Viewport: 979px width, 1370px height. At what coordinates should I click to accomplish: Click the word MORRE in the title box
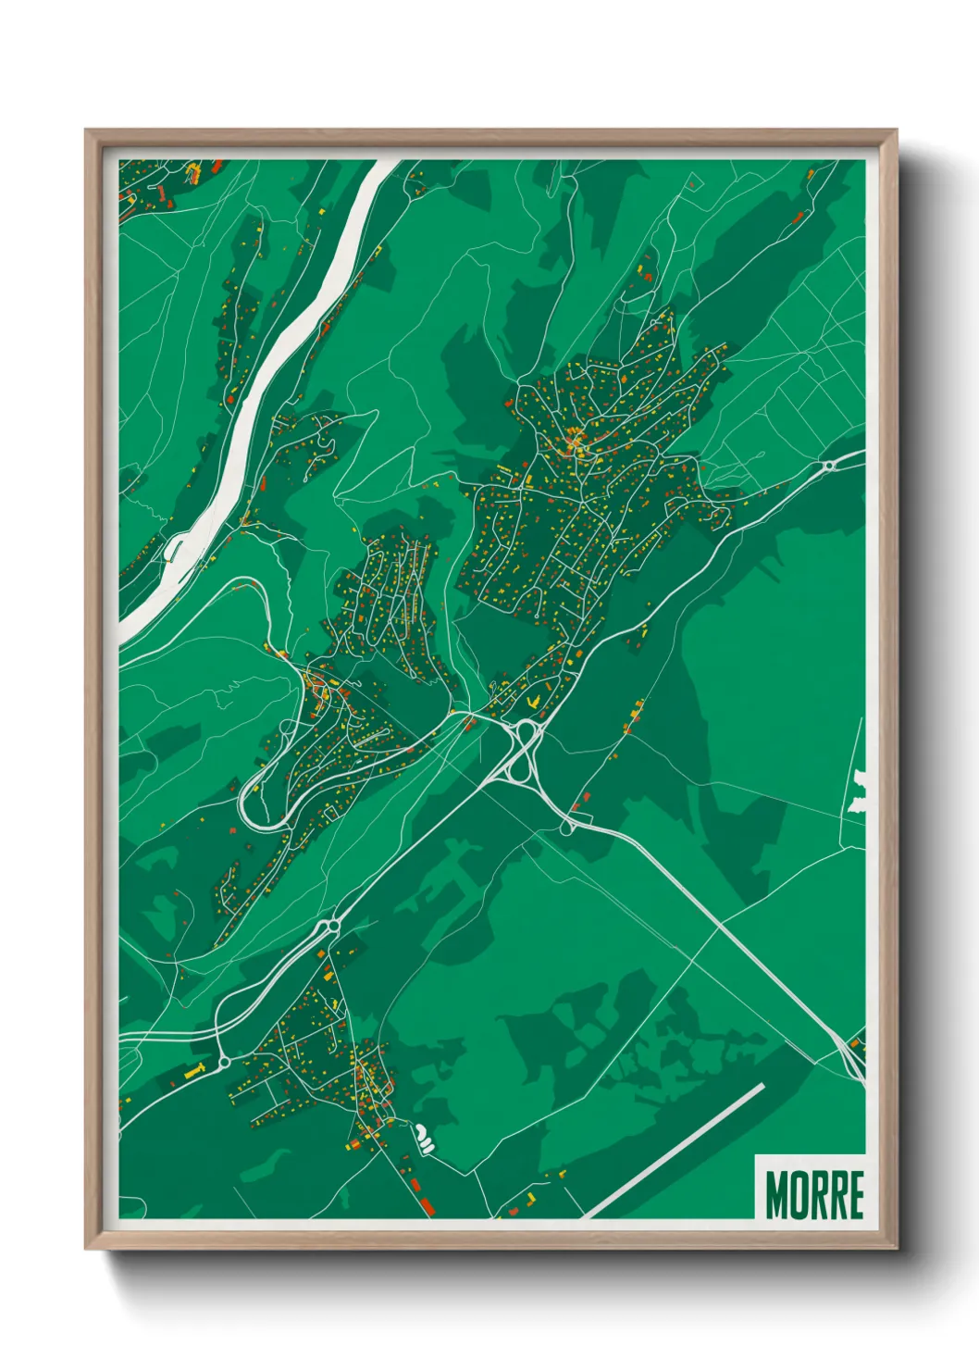click(813, 1194)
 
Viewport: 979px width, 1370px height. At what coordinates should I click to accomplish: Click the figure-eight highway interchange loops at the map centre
click(525, 748)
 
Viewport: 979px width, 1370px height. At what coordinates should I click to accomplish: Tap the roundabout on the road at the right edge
click(829, 466)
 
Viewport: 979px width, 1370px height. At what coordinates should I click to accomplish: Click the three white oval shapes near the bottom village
click(423, 1138)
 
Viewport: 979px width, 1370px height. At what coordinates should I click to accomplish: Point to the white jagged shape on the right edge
click(860, 792)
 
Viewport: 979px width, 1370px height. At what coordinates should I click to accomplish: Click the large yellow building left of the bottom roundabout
click(195, 1071)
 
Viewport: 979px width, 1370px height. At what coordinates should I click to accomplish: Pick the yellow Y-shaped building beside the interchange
click(531, 704)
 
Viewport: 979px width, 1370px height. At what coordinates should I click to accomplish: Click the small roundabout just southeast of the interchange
click(566, 827)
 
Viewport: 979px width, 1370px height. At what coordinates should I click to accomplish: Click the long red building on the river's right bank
click(262, 483)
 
